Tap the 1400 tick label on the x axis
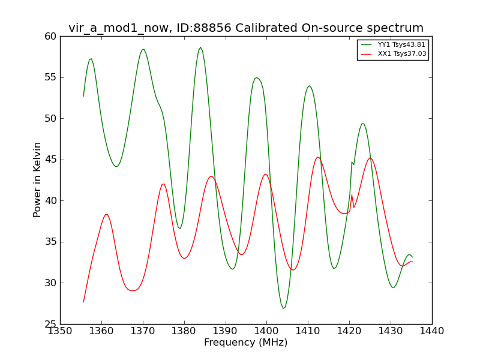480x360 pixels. click(266, 331)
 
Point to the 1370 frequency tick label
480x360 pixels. click(143, 331)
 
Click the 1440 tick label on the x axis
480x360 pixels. click(432, 331)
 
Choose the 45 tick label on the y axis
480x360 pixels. click(50, 160)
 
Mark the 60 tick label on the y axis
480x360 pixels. click(50, 37)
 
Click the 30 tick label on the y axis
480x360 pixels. click(50, 283)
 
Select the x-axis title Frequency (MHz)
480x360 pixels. click(246, 343)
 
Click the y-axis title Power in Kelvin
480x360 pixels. click(37, 179)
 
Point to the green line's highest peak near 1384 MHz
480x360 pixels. click(200, 47)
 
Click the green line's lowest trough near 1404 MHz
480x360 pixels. click(283, 308)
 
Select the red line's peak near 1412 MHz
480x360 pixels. click(318, 157)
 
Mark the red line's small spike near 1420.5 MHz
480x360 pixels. click(352, 195)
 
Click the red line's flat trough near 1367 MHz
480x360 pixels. click(132, 290)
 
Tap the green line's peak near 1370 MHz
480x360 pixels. click(143, 49)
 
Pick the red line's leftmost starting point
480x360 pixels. click(83, 302)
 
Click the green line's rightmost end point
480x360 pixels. click(412, 257)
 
